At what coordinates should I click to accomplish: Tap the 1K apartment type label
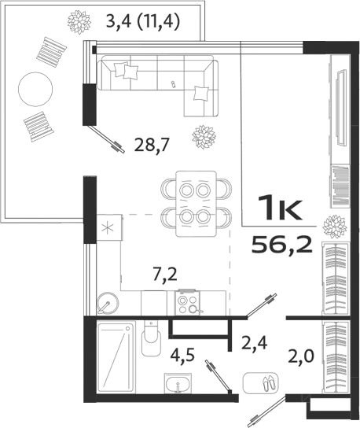click(x=281, y=208)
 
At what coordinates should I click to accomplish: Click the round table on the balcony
click(x=35, y=87)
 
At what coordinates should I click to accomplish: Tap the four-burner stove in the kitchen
click(x=188, y=302)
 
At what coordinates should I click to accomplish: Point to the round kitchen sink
click(x=107, y=302)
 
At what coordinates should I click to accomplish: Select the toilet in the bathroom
click(x=151, y=341)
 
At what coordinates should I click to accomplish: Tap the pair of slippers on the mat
click(x=260, y=384)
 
